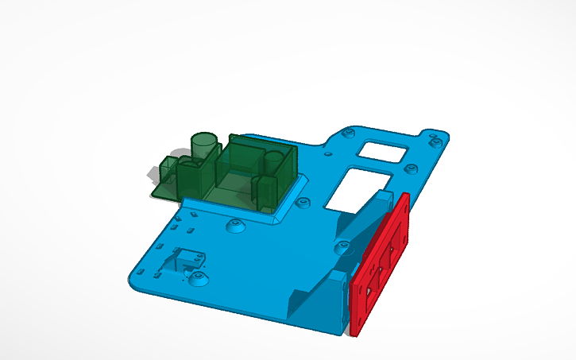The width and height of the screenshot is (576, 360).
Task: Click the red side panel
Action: [x=380, y=266]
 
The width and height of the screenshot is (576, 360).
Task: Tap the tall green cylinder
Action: [x=204, y=146]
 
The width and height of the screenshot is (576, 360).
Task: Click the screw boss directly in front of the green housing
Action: [x=235, y=227]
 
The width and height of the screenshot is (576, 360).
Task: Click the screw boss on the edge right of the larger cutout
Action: [x=411, y=169]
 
